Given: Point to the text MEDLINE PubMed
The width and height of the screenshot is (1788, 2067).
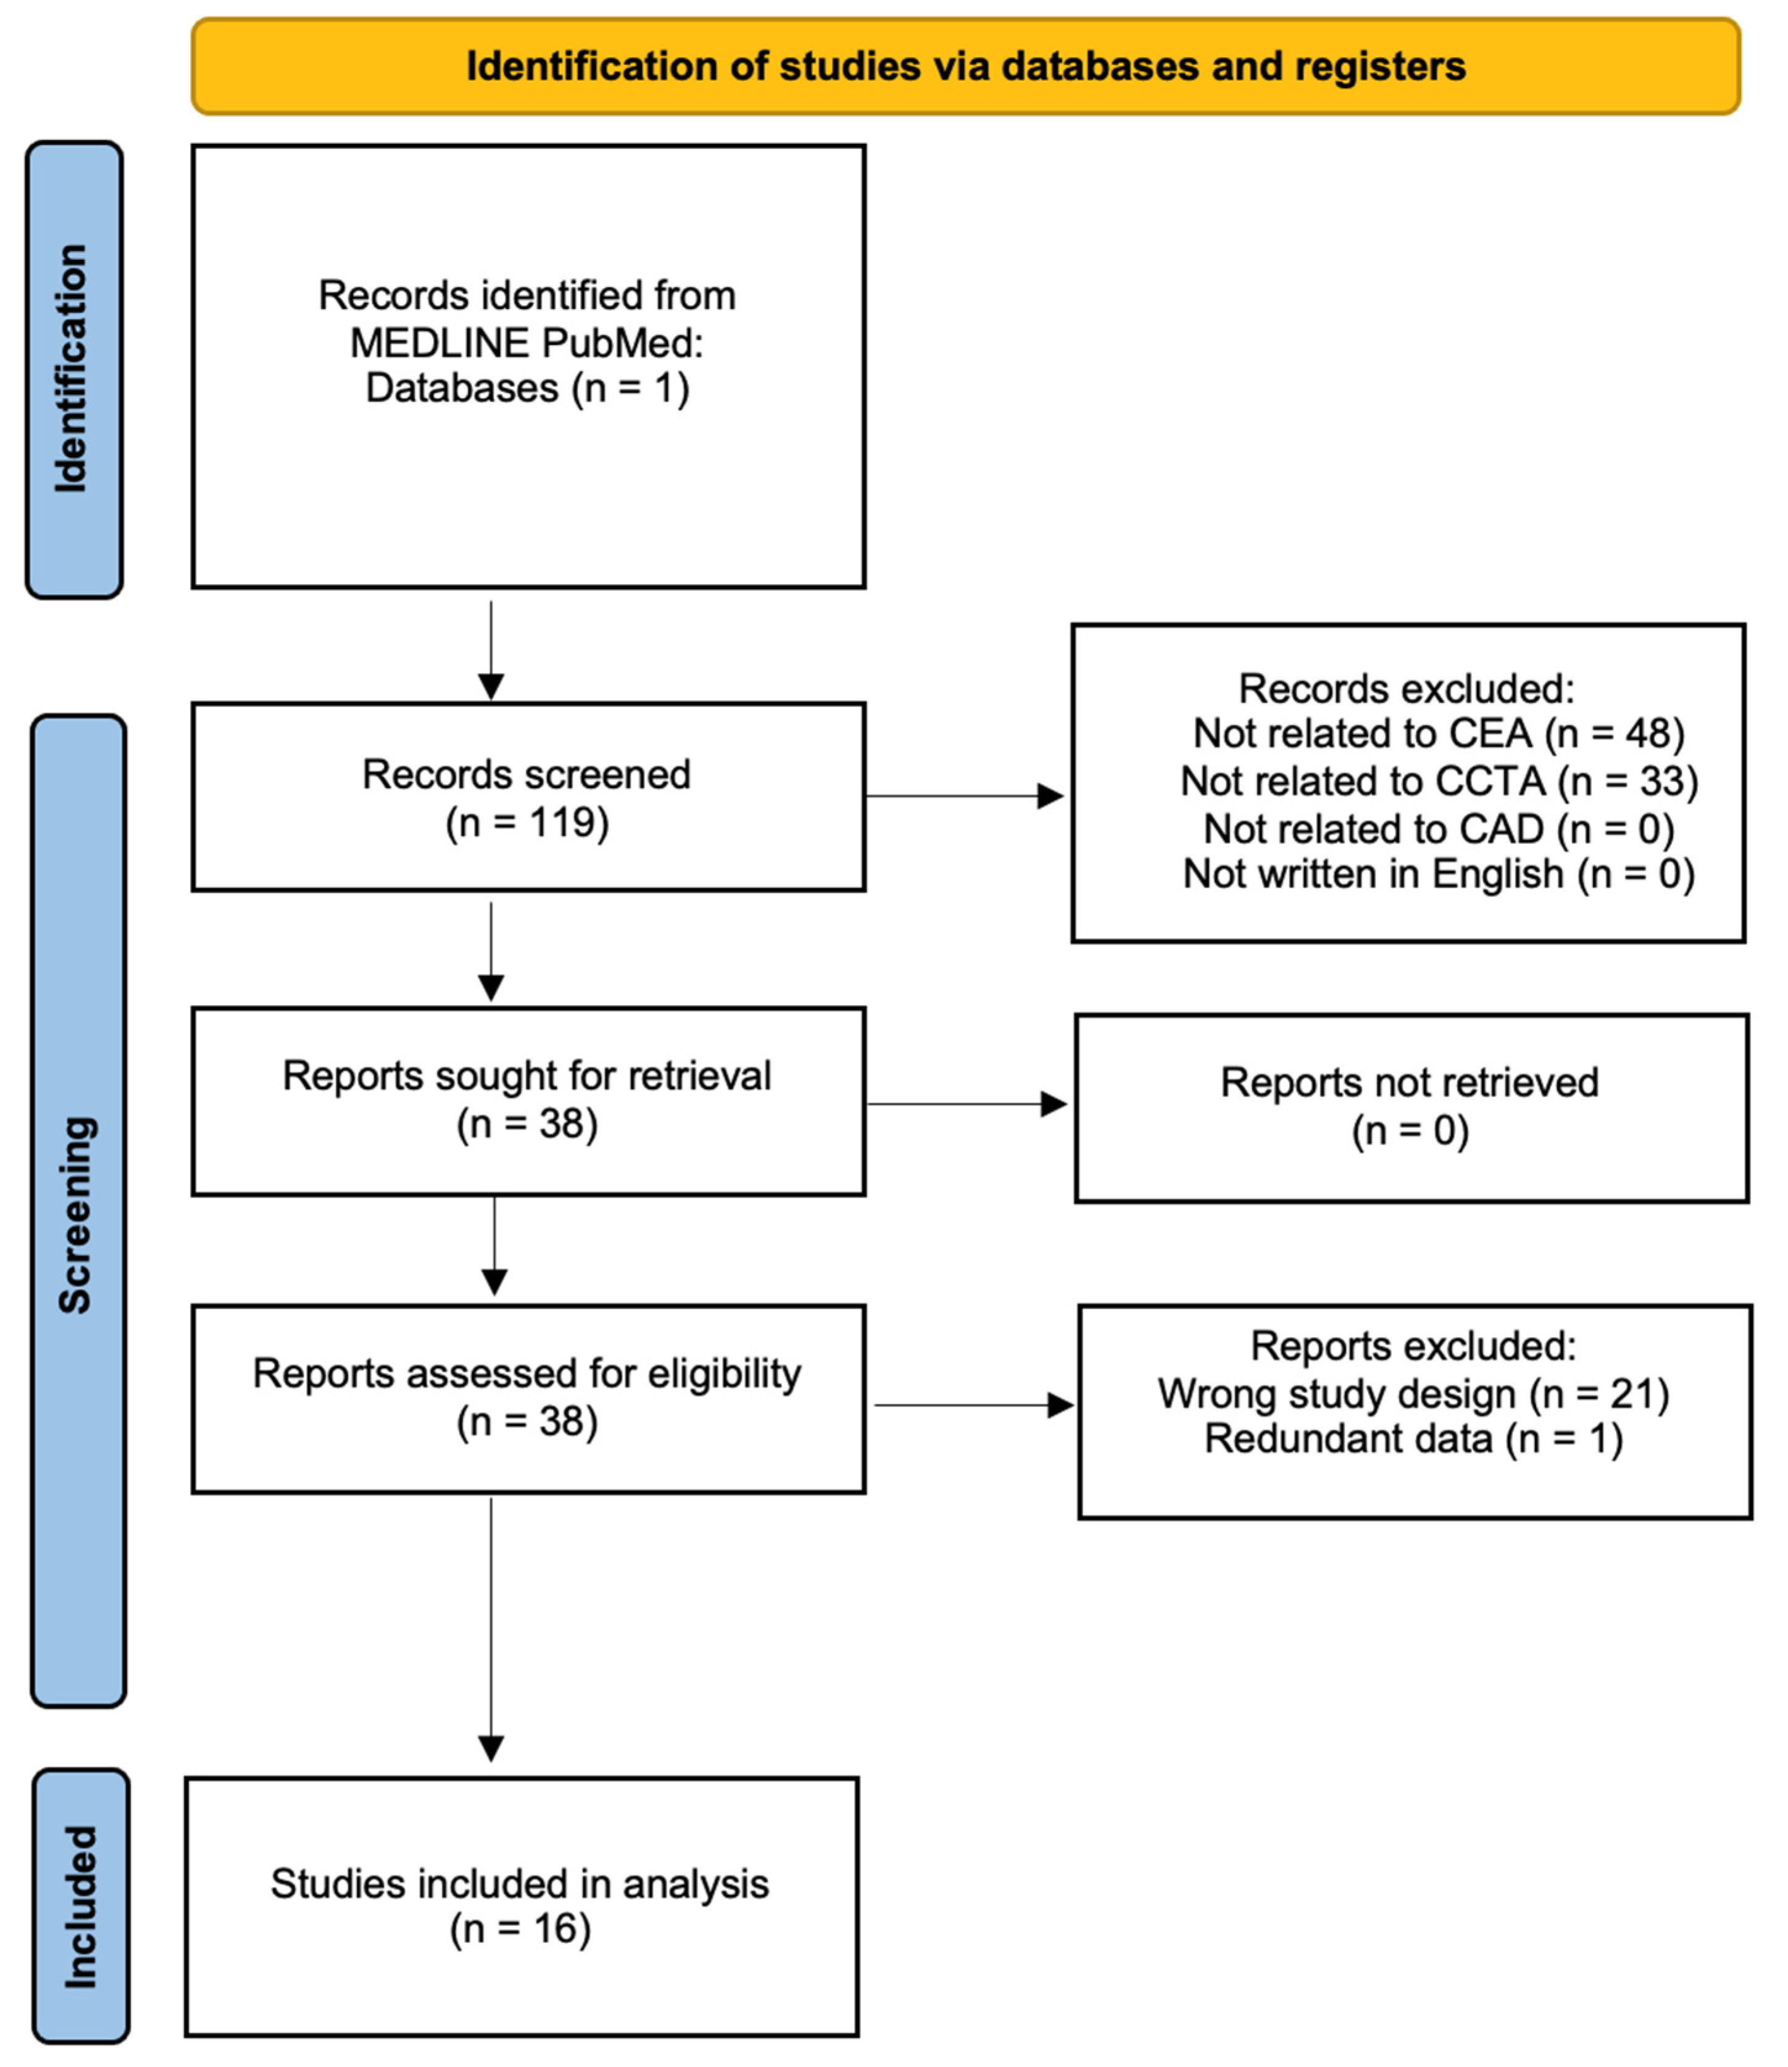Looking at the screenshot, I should (x=527, y=343).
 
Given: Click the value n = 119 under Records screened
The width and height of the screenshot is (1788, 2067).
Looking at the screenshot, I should (x=527, y=823).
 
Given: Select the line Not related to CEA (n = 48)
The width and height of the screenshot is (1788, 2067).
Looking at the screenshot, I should (x=1438, y=733).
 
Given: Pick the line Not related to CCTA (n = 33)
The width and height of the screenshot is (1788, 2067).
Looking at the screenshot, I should (x=1438, y=781).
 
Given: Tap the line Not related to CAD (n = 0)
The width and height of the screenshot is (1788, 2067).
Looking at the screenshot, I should (x=1438, y=828).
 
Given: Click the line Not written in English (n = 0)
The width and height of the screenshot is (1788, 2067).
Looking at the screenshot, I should (x=1438, y=874).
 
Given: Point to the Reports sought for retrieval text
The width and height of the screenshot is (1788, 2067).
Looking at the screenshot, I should (x=527, y=1077).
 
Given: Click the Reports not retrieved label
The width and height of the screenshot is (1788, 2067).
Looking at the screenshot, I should (x=1409, y=1082).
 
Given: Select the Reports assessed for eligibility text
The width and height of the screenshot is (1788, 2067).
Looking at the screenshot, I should (x=527, y=1373).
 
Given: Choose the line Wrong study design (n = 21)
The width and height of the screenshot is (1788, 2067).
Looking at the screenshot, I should (x=1413, y=1394).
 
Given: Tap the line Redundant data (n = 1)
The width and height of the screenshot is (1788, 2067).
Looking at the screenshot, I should (x=1413, y=1439).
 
